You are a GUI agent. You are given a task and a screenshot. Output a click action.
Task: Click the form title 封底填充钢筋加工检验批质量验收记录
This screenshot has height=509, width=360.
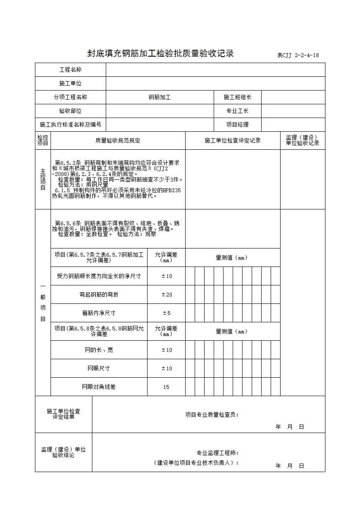click(160, 54)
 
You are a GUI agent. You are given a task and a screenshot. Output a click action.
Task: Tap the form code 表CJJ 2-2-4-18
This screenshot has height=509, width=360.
click(298, 55)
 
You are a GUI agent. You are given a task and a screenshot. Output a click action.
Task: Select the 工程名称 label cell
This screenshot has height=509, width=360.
click(70, 70)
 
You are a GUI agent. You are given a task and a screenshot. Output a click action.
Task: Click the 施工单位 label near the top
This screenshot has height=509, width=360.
click(70, 84)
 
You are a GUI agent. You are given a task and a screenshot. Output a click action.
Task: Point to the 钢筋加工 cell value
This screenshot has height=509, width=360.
click(159, 97)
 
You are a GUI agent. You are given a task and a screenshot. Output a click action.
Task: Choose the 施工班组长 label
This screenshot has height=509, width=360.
click(237, 97)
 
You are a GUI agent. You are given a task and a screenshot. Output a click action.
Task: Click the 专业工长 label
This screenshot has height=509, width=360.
click(237, 111)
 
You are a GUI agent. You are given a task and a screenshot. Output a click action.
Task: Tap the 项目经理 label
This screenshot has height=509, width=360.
click(237, 125)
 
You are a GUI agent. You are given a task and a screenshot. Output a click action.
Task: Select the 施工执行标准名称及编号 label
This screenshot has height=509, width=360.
click(70, 125)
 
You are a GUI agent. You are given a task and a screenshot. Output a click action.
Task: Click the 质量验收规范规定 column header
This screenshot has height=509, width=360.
click(118, 140)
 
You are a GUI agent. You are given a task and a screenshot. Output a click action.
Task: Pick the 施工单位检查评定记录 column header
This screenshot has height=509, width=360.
click(232, 140)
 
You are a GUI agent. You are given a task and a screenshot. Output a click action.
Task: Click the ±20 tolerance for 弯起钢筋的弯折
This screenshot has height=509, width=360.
click(166, 294)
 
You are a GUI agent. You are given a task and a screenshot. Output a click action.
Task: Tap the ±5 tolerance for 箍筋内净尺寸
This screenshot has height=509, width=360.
click(166, 313)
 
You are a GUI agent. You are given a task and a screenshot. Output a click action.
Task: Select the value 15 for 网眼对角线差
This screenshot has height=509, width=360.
click(166, 387)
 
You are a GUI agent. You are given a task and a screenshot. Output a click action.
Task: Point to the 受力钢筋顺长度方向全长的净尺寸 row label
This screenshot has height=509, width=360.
click(99, 276)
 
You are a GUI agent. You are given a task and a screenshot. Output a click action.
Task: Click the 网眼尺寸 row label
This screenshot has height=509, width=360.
click(99, 368)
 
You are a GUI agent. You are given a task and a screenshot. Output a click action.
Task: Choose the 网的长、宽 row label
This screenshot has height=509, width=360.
click(99, 350)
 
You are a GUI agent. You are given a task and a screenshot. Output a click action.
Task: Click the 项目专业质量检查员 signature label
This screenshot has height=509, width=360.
click(212, 415)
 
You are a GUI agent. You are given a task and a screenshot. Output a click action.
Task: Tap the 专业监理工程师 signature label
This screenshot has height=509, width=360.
click(217, 453)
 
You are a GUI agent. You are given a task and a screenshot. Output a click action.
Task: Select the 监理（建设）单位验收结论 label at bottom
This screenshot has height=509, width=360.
click(63, 452)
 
